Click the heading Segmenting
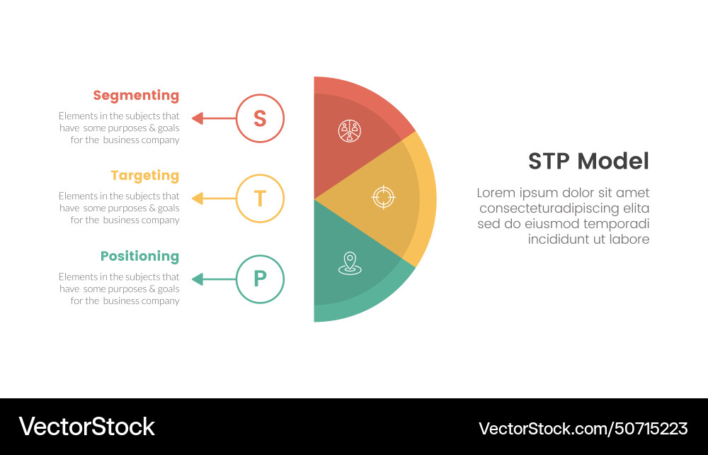click(136, 95)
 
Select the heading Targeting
click(144, 175)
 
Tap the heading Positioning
click(139, 256)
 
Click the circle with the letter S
click(260, 118)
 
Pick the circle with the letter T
click(260, 198)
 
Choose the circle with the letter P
click(260, 279)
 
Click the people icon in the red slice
click(350, 130)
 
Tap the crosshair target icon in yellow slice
click(383, 197)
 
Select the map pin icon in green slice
click(350, 264)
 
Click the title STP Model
click(588, 162)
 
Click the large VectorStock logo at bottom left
click(86, 427)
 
